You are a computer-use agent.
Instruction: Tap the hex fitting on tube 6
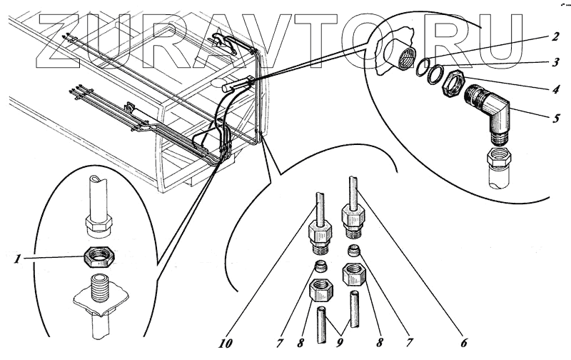coord(354,214)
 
